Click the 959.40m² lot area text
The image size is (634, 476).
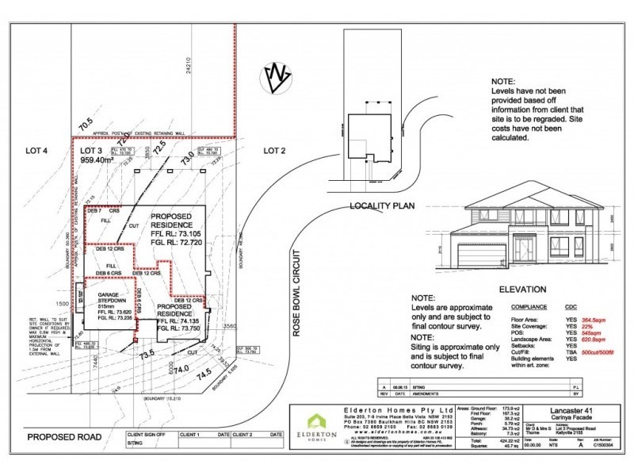coord(103,159)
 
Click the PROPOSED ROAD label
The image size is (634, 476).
coord(61,437)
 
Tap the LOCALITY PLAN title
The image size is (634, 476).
coord(383,205)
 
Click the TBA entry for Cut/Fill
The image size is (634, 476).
coord(568,351)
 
